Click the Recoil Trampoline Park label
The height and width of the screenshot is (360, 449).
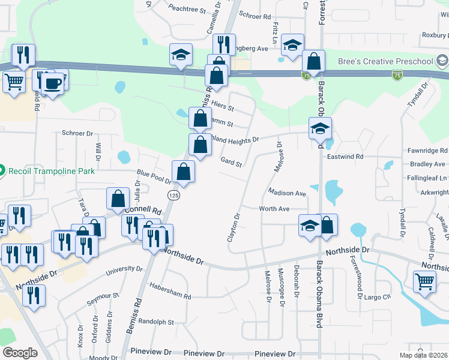(52, 170)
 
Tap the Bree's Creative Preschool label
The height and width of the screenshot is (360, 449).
(393, 61)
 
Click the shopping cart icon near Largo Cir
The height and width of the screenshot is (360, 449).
(424, 281)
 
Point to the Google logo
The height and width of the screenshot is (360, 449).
(20, 353)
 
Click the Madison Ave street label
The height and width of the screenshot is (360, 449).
(287, 193)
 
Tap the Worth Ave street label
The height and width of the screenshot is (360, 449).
(274, 209)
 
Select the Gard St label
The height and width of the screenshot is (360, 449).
(231, 163)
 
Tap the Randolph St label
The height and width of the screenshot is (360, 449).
(155, 322)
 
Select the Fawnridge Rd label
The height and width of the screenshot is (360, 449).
(427, 151)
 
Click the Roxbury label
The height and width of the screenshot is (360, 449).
(435, 35)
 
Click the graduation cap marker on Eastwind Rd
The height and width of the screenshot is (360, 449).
(321, 128)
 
